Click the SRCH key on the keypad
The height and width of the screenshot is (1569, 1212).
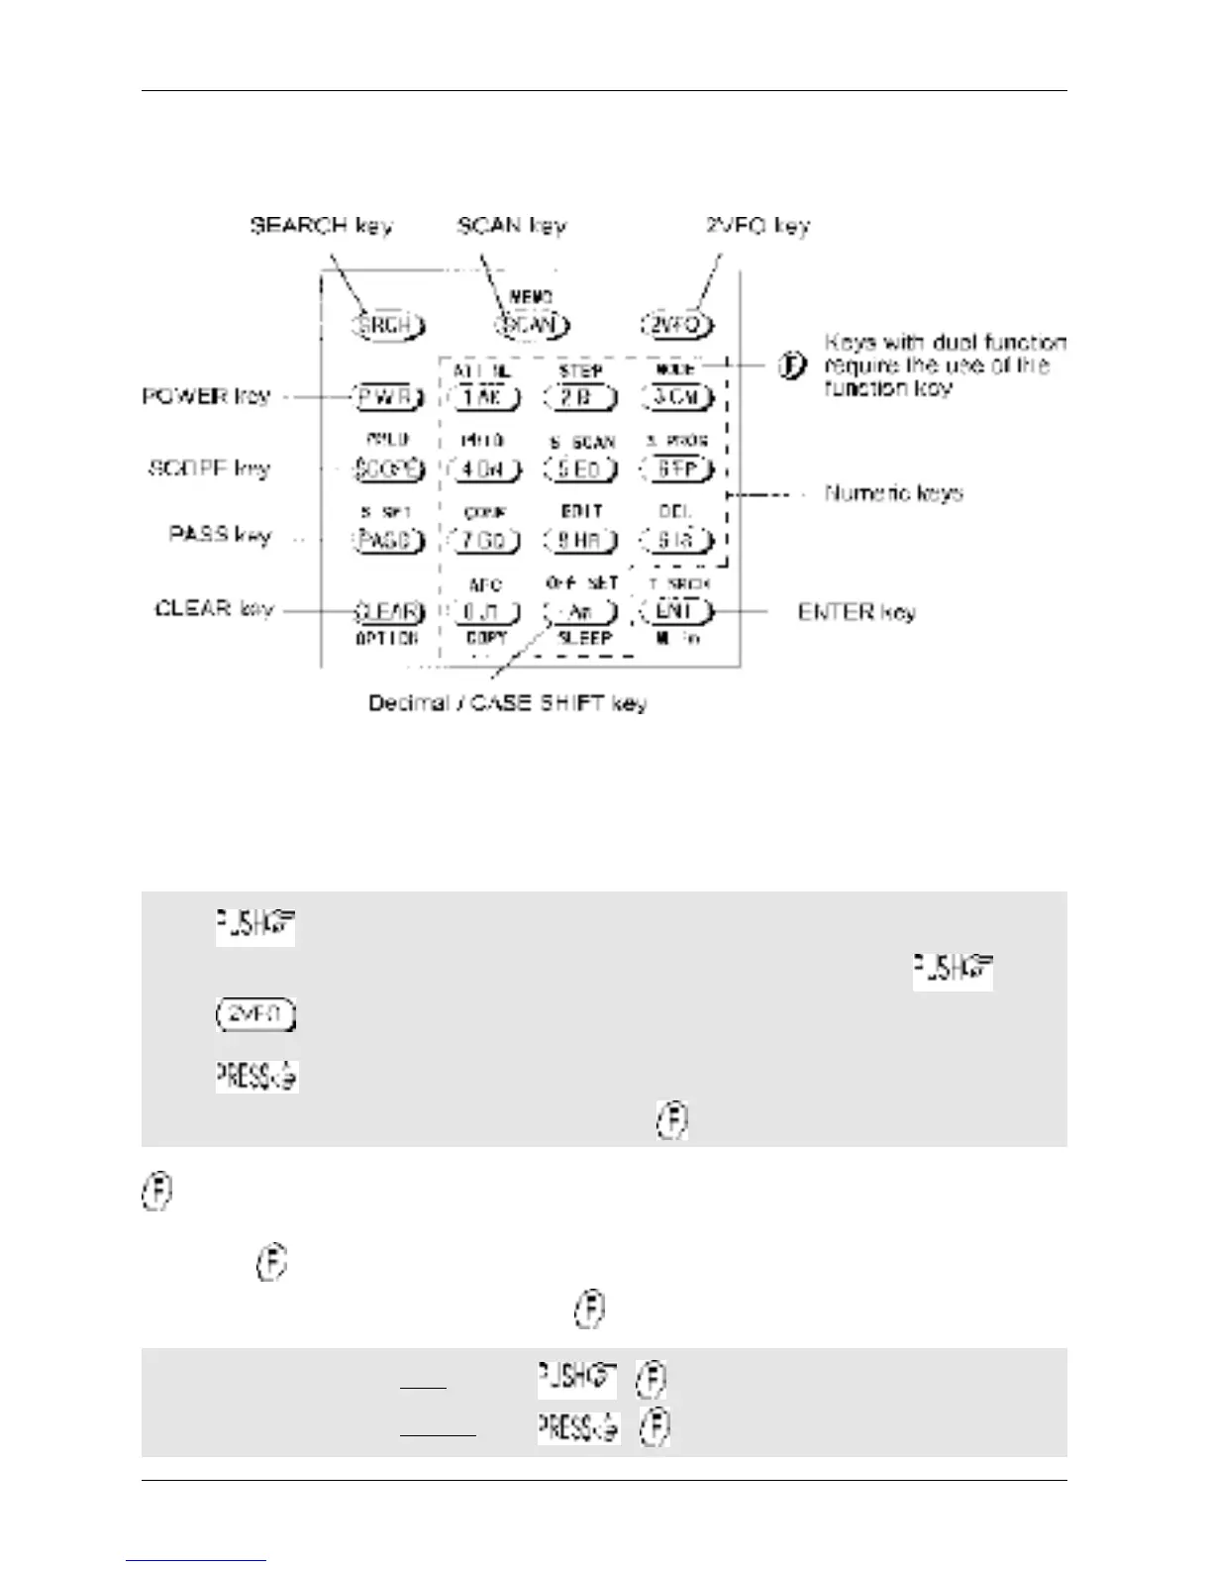pos(388,325)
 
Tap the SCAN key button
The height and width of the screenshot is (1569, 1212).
pos(533,325)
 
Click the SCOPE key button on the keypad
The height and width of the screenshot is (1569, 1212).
pos(388,469)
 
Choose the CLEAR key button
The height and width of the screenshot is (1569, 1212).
pos(388,611)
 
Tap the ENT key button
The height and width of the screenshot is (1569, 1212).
pos(677,611)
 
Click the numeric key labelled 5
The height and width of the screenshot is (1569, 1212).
pos(581,469)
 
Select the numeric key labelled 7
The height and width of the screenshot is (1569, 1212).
pos(485,541)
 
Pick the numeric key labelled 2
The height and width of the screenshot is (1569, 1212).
pos(581,397)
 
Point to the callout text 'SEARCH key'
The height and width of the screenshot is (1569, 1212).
pos(321,226)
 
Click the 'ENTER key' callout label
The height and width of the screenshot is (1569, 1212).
pos(857,612)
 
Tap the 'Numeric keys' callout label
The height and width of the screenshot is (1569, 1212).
pos(893,493)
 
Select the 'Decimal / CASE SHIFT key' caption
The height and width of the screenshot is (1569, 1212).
pos(507,703)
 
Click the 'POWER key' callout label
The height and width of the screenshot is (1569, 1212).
pos(206,396)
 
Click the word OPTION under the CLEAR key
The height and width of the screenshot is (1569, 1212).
pos(386,639)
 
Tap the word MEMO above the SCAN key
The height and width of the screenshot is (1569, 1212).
pos(531,297)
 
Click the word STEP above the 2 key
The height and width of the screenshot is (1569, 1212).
pos(580,370)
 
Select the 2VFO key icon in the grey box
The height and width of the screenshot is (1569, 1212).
pos(255,1015)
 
